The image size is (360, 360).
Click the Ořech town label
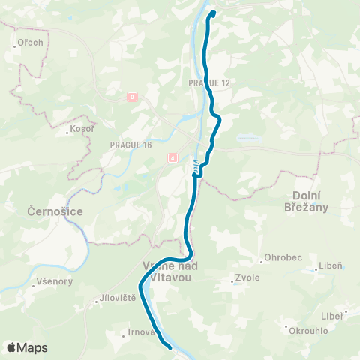tap(31, 43)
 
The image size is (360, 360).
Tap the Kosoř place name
tap(80, 130)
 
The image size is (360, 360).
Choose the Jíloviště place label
tap(118, 298)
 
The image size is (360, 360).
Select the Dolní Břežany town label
tap(309, 203)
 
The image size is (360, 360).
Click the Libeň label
tap(329, 265)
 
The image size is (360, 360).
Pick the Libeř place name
tap(332, 315)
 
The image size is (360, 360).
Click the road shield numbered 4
tap(172, 157)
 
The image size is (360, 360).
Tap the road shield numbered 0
tap(132, 97)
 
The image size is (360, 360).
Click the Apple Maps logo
tap(27, 347)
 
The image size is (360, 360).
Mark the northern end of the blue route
tap(212, 13)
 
